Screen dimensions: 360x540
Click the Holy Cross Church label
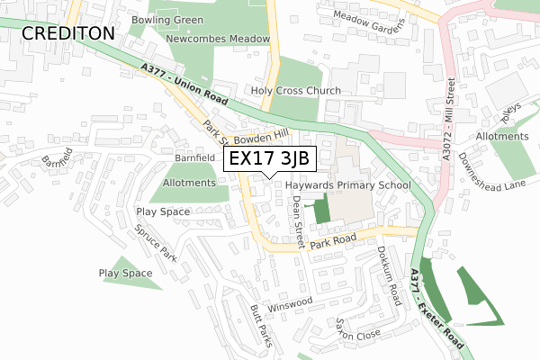coord(296,91)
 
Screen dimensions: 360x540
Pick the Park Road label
coord(334,242)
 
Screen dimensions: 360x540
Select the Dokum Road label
coord(389,274)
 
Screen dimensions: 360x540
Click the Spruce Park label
coord(155,240)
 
